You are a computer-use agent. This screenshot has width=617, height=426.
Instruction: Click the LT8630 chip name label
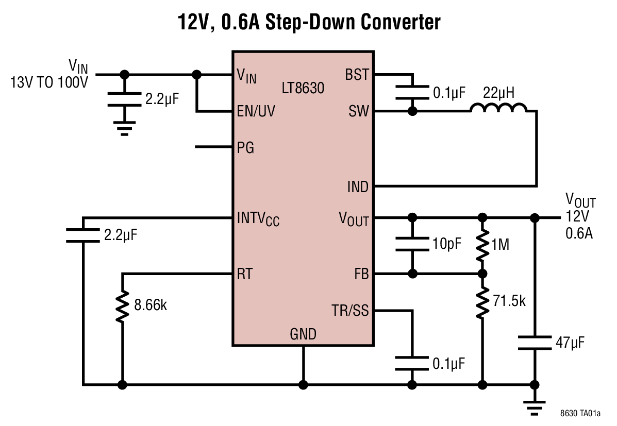point(303,88)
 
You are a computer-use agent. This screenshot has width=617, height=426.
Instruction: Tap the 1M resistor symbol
point(482,246)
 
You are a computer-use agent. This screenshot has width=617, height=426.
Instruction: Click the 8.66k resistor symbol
point(122,306)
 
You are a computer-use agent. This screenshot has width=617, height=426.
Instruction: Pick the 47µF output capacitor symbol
point(535,343)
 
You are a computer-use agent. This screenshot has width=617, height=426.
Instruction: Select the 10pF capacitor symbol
point(412,245)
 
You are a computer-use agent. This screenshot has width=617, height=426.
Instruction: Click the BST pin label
point(357,75)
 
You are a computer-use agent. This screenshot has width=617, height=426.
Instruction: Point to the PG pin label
point(245,148)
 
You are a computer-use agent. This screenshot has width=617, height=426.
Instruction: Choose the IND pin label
point(358,186)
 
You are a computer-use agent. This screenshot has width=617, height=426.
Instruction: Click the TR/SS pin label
point(350,311)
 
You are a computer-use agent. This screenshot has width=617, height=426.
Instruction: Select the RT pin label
point(244,274)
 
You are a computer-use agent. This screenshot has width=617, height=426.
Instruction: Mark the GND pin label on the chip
point(303,335)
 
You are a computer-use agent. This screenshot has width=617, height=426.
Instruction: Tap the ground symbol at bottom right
point(535,407)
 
